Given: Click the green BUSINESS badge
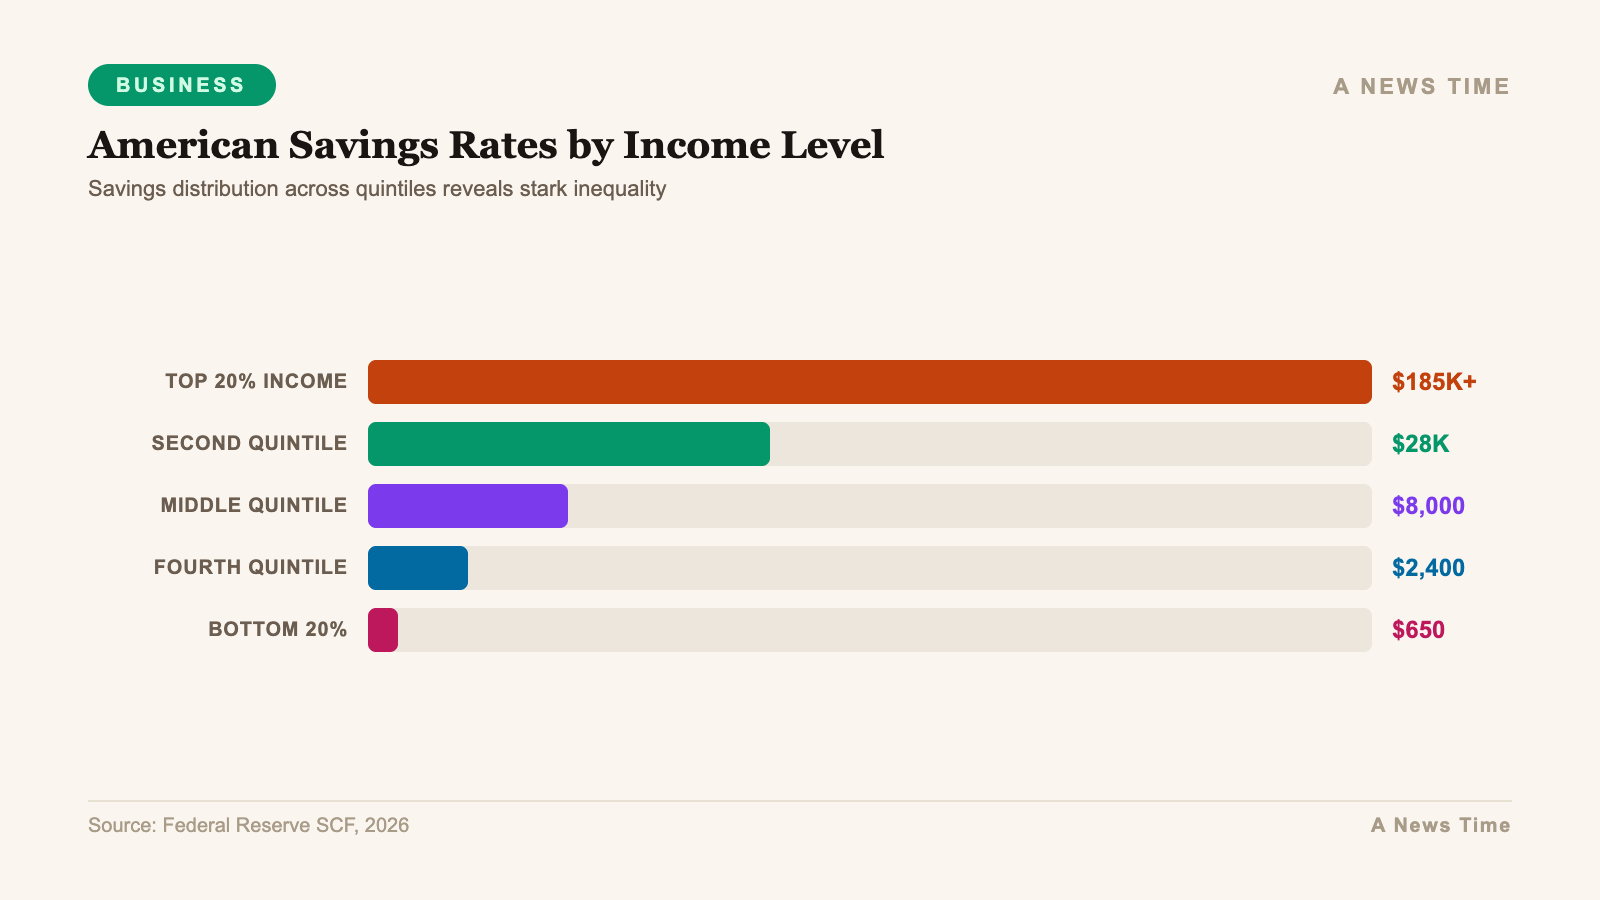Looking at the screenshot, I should [181, 85].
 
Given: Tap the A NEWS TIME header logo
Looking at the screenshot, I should [1420, 86].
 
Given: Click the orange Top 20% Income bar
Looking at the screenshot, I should [869, 382].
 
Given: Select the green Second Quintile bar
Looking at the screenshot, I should [568, 444].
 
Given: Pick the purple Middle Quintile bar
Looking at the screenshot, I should [467, 506].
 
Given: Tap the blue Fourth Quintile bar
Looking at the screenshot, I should [417, 568].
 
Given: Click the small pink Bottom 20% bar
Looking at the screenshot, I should [383, 630].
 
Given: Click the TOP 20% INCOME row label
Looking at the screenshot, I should [256, 382].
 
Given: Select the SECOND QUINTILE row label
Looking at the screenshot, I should [249, 444].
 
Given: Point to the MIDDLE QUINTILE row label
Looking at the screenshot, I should [253, 506].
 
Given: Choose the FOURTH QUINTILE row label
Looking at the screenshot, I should [250, 568].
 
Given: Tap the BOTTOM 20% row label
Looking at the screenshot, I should [277, 630].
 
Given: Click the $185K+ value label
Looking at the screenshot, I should [1433, 382].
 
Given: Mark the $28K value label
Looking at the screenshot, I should [1420, 444].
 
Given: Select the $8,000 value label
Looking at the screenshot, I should [1427, 506].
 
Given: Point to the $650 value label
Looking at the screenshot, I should [1418, 630].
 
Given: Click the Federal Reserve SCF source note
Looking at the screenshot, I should [248, 825].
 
